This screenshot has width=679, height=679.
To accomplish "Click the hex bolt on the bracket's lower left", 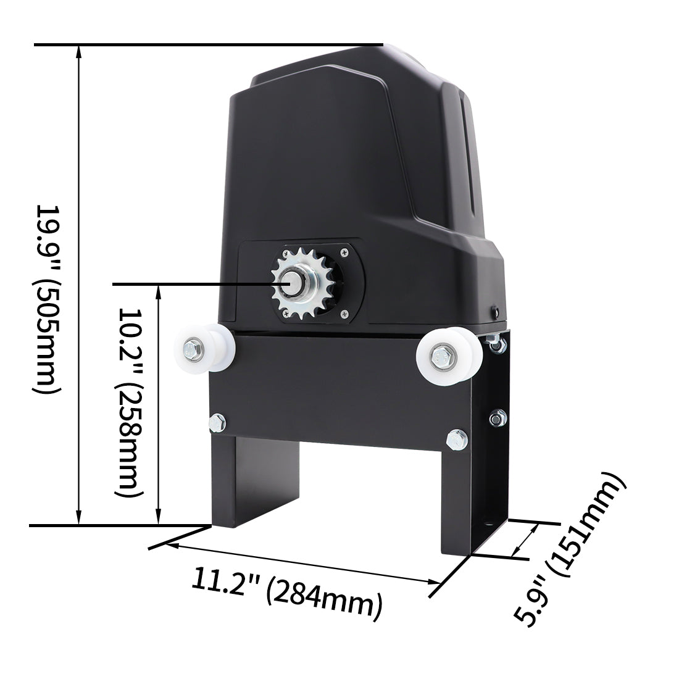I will [x=217, y=422].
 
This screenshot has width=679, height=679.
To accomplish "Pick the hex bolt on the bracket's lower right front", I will [x=457, y=439].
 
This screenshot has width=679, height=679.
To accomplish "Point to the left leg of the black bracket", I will [x=235, y=481].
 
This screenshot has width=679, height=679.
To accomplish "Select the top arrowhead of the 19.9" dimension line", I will [x=78, y=51].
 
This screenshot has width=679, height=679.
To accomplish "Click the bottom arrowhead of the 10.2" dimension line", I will [x=159, y=520].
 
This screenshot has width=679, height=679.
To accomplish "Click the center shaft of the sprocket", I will [x=291, y=283].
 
